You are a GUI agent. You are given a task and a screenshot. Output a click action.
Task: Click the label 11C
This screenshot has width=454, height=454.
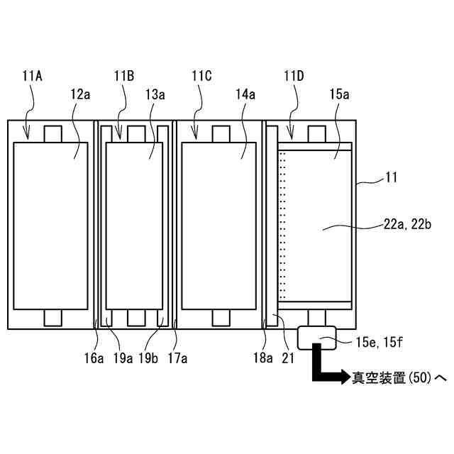(x=201, y=74)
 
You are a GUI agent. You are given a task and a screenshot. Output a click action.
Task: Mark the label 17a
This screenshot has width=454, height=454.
(x=177, y=359)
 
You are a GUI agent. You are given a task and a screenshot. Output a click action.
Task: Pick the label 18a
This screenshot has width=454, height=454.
(x=265, y=359)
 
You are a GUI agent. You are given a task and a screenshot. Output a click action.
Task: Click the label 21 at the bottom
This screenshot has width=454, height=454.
(x=288, y=359)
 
